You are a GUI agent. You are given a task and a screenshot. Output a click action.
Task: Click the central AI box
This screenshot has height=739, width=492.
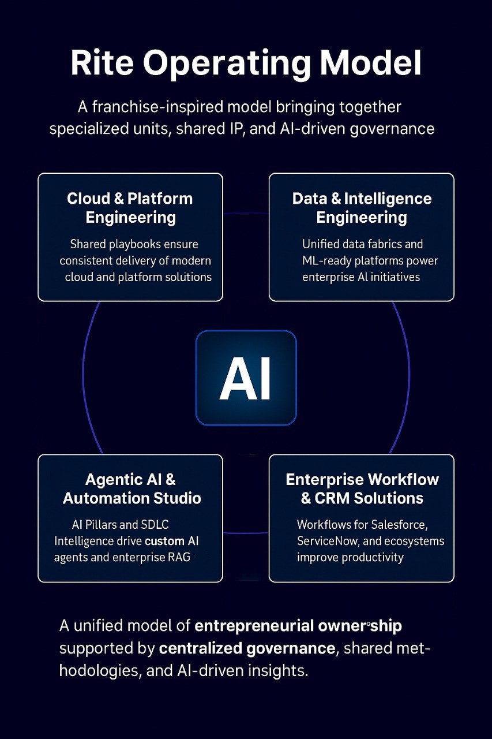246,378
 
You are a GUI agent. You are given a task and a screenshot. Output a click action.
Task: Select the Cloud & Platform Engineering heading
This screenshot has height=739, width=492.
130,208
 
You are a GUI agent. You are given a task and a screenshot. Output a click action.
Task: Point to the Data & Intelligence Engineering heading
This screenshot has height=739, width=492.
362,208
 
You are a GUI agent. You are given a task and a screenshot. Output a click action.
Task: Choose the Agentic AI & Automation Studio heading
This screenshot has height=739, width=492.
131,488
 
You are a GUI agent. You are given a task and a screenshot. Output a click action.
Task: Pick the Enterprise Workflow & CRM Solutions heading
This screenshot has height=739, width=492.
362,488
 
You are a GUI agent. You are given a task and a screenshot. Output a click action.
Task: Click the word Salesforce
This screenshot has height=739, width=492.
400,525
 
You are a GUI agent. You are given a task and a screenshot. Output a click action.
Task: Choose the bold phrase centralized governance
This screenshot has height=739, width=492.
246,648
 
